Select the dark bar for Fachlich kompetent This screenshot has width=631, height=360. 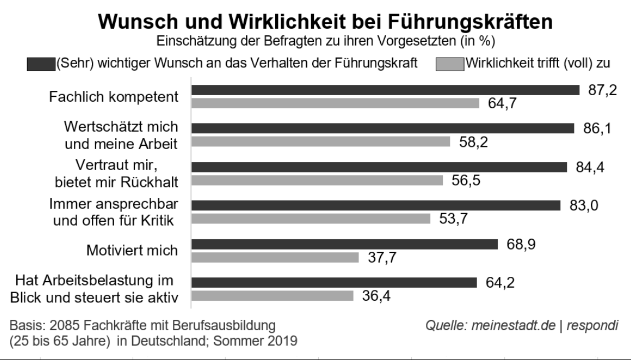[x=386, y=90]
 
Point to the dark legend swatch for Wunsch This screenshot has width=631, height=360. [x=41, y=64]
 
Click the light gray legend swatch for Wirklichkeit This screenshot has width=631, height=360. [x=449, y=64]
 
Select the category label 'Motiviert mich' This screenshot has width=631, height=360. [x=132, y=251]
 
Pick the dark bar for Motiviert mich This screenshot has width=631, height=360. [x=345, y=244]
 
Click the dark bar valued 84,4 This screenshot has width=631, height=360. [x=379, y=167]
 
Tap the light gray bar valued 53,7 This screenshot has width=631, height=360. [x=311, y=219]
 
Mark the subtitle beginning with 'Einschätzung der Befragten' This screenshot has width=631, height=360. [x=325, y=41]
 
